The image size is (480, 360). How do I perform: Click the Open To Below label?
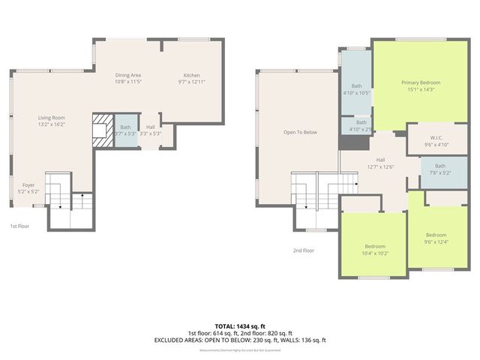tap(300, 132)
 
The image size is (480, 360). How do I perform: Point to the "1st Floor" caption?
tap(19, 226)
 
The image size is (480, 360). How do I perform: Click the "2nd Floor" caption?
tap(303, 250)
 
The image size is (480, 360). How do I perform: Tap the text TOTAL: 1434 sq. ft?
tap(240, 325)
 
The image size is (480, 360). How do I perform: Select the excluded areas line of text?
tap(240, 340)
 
